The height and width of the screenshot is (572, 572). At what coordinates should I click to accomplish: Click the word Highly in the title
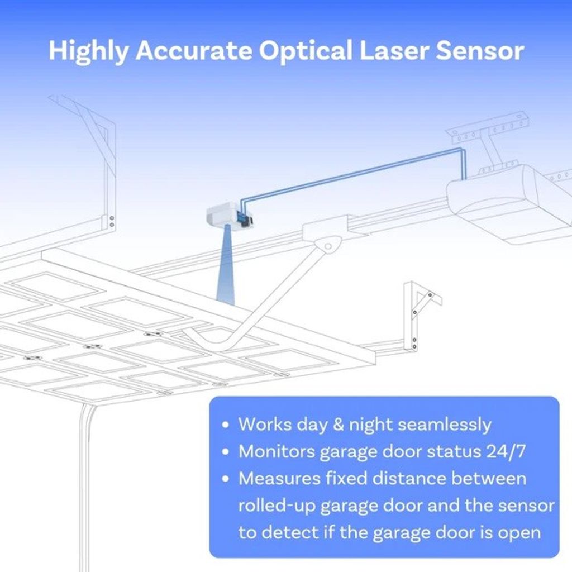coord(88,51)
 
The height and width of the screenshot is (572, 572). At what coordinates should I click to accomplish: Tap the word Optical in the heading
coord(306,50)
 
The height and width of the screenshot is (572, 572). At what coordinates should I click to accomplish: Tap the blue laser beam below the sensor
coord(226,266)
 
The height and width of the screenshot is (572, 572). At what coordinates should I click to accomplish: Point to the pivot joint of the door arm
coord(328,246)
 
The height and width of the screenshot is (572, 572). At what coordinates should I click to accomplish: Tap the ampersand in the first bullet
coord(338,425)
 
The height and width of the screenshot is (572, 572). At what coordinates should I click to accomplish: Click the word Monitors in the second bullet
coord(277,451)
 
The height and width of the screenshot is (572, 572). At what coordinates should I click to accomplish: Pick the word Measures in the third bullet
coord(279,479)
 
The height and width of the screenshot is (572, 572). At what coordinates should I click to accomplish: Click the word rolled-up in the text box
coord(277,506)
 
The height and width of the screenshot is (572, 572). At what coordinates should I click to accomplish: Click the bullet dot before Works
coord(226,425)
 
